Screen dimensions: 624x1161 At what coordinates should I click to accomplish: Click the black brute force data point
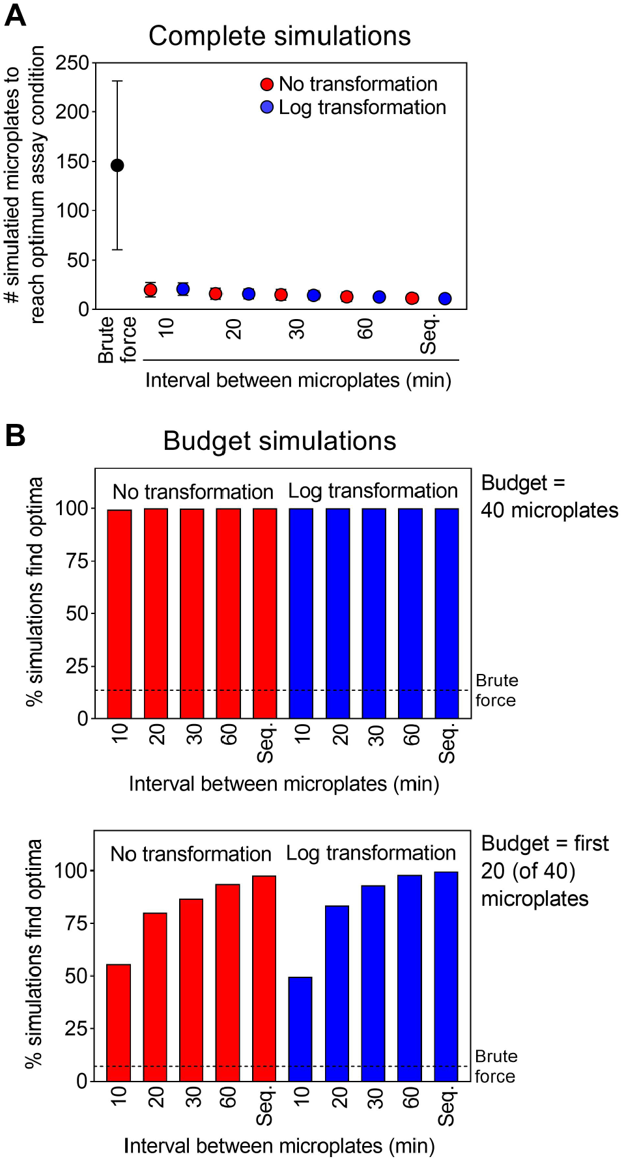point(117,165)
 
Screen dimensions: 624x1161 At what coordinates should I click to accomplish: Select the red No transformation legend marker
point(266,84)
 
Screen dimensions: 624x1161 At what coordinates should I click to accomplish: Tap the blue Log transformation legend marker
point(266,107)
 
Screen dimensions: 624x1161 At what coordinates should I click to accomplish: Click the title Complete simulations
point(279,36)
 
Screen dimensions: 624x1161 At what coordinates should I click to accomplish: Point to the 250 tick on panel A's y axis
point(72,63)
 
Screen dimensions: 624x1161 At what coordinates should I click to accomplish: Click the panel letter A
point(15,15)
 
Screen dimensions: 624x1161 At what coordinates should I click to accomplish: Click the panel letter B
point(15,435)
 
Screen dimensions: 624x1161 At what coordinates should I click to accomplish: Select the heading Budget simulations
point(279,441)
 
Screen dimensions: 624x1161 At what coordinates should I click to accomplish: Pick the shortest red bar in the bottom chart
point(119,1022)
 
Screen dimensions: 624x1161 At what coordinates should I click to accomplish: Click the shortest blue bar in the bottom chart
point(300,1029)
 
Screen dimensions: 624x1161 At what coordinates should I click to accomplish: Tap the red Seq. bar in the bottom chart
point(264,978)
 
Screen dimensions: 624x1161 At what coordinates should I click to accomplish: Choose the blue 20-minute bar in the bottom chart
point(337,993)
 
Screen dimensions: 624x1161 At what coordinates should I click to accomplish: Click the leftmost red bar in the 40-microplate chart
point(119,614)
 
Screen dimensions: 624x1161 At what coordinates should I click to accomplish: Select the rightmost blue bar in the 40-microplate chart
point(447,613)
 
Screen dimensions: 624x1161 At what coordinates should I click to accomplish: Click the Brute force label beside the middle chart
point(496,690)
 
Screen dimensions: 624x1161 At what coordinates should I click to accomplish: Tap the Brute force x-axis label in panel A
point(117,339)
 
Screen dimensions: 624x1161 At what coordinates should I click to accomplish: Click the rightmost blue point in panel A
point(445,298)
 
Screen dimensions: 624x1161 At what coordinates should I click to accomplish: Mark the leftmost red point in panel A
point(150,290)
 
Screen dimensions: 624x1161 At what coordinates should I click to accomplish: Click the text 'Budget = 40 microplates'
point(549,496)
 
